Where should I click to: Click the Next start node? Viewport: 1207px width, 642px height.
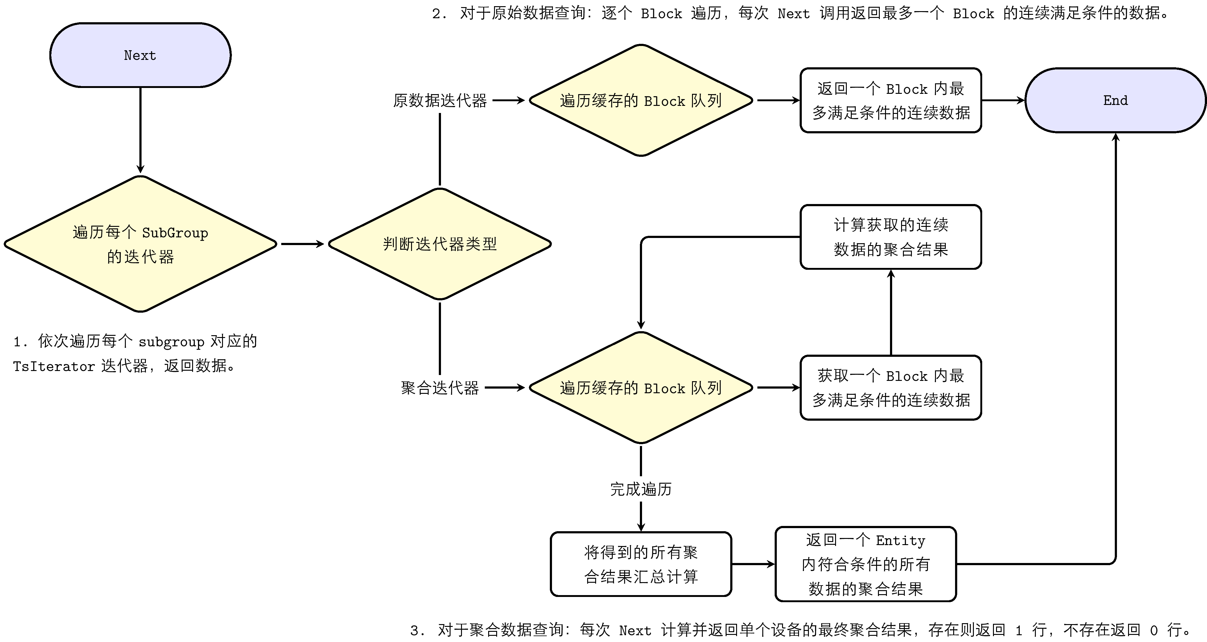pyautogui.click(x=140, y=55)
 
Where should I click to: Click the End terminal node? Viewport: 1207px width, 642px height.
pyautogui.click(x=1115, y=100)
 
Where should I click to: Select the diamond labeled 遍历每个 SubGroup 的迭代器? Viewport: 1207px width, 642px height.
pyautogui.click(x=140, y=244)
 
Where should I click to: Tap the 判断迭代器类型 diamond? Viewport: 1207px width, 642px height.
pyautogui.click(x=439, y=244)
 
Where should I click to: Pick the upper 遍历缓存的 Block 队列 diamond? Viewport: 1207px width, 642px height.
pyautogui.click(x=641, y=100)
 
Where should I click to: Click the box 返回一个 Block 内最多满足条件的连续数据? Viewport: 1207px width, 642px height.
pyautogui.click(x=890, y=100)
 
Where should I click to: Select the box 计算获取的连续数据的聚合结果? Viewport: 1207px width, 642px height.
pyautogui.click(x=890, y=237)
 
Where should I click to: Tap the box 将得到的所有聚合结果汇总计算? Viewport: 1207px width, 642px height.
pyautogui.click(x=641, y=564)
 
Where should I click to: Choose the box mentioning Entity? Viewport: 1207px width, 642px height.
pyautogui.click(x=865, y=564)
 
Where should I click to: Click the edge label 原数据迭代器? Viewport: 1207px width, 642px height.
pyautogui.click(x=439, y=100)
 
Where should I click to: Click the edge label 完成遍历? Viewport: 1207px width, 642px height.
pyautogui.click(x=641, y=489)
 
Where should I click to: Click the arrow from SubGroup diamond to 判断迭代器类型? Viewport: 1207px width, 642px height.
pyautogui.click(x=302, y=244)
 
